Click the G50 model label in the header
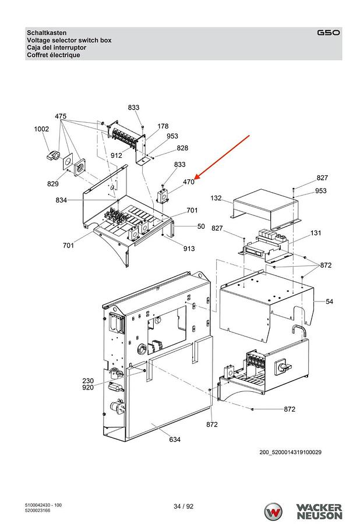coord(329,33)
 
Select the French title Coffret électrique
coord(54,55)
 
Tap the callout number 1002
coord(41,129)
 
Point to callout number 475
coord(61,116)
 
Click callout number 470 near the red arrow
coord(189,182)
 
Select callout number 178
coord(163,126)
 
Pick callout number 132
coord(216,198)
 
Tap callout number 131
coord(316,233)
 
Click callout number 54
coord(330,302)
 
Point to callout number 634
coord(175,440)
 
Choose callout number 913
coord(189,249)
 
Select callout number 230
coord(88,381)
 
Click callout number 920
coord(88,388)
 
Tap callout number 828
coord(182,148)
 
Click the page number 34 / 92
coord(183,507)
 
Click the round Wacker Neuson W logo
coord(273,512)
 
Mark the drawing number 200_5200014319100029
coord(291,452)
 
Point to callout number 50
coord(201,226)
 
